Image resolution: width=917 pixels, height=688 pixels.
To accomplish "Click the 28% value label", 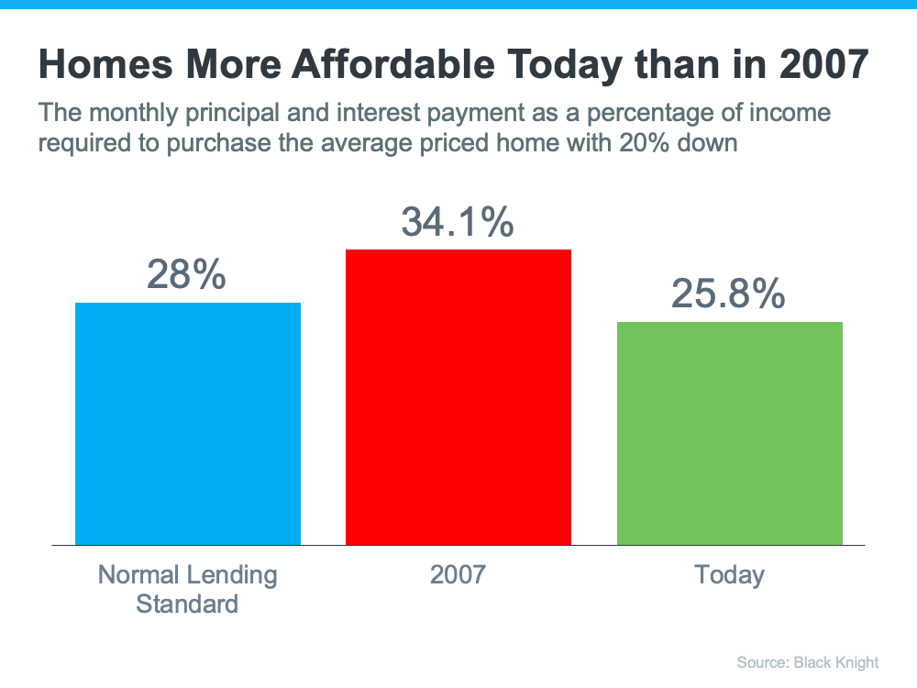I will (186, 274).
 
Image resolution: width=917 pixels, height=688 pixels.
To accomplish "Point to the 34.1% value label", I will (457, 222).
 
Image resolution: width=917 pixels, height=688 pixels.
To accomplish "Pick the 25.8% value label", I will (728, 294).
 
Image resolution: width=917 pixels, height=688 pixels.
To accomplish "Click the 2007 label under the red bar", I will (457, 575).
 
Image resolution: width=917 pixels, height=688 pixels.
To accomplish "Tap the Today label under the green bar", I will (729, 575).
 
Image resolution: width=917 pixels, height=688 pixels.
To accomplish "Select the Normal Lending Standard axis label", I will (187, 589).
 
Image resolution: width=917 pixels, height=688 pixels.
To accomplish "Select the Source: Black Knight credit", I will (807, 662).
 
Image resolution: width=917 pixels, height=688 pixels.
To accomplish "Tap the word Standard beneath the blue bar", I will (187, 604).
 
